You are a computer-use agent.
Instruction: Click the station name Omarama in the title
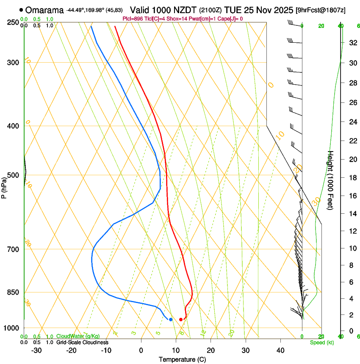coord(45,10)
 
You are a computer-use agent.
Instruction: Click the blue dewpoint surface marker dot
coord(171,320)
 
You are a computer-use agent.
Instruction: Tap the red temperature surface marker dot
coord(181,320)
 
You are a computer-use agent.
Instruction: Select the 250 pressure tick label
coord(14,22)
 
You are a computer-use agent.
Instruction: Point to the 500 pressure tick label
coord(14,175)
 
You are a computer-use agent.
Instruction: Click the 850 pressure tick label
coord(14,292)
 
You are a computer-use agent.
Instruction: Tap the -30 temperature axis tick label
coord(36,350)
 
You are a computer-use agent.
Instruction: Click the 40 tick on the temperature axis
coord(280,350)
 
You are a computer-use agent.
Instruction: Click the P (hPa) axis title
coord(4,187)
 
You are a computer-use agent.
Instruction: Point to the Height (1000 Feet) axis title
coord(331,180)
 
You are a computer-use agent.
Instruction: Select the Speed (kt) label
coord(321,342)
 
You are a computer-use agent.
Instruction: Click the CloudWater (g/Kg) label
coord(78,336)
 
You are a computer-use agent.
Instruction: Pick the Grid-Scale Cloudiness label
coord(82,342)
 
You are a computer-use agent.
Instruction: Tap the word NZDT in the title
coord(186,10)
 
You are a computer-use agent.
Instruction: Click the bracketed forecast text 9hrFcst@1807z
coord(321,10)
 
